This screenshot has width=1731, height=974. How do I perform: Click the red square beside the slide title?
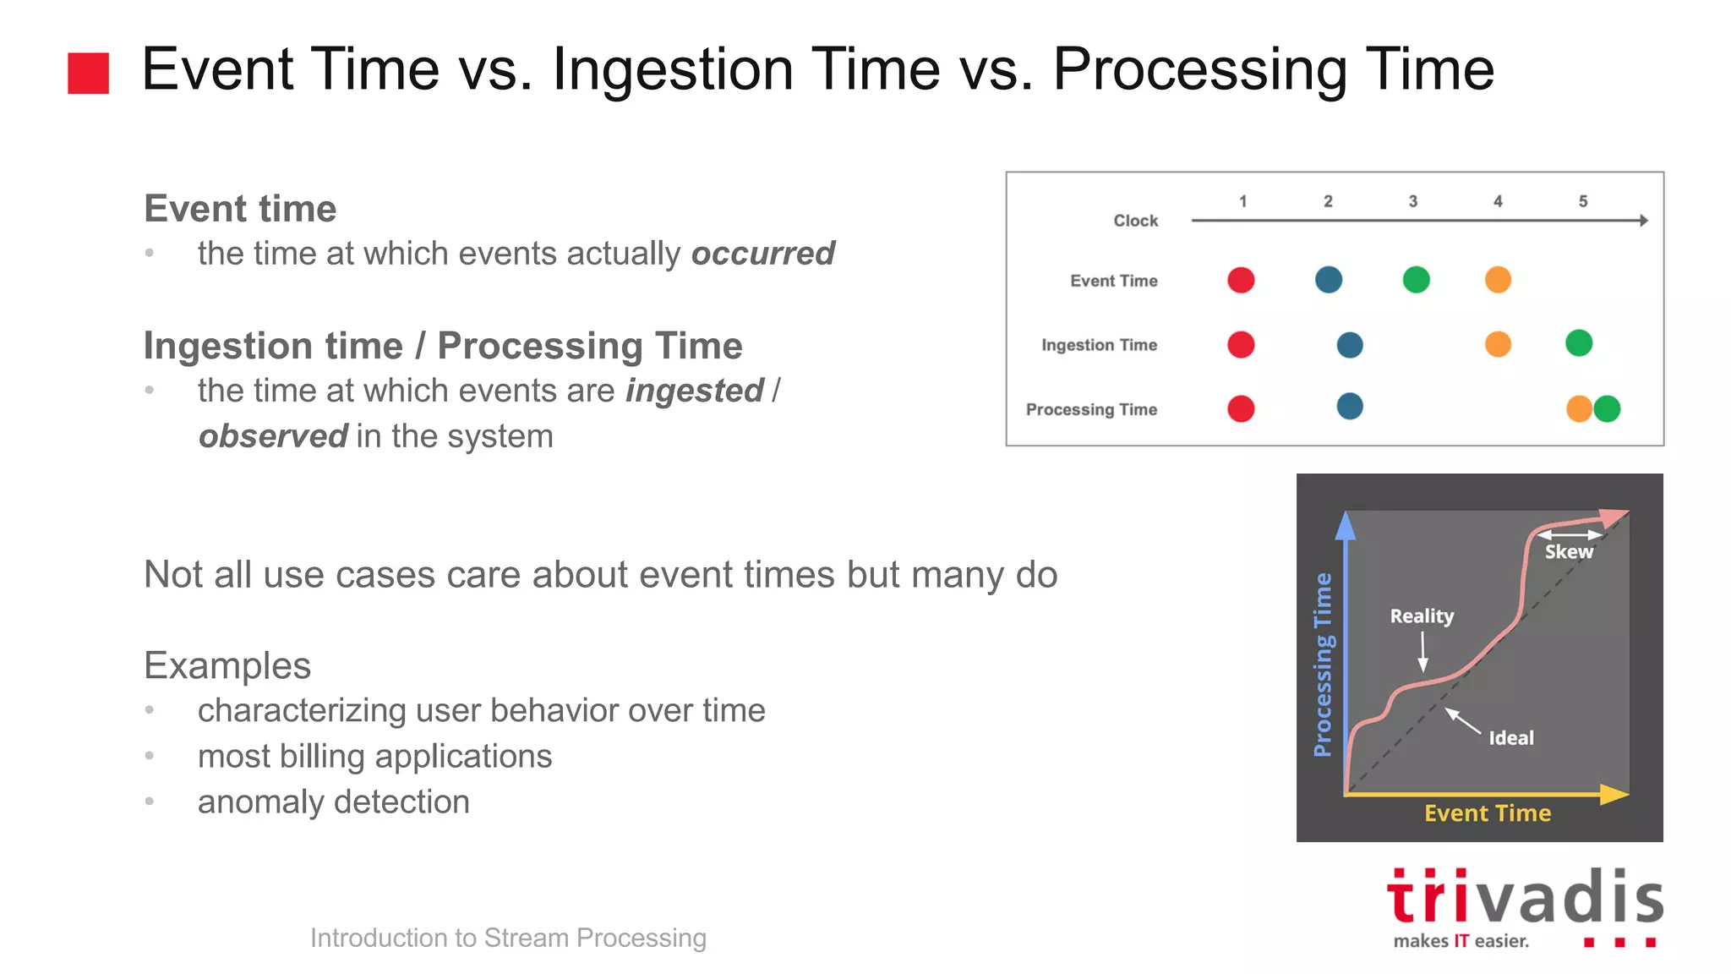click(88, 73)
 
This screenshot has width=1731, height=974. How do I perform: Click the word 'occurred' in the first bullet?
click(762, 254)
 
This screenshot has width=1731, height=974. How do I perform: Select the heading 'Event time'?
click(240, 209)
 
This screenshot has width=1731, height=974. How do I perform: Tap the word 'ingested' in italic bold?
click(694, 391)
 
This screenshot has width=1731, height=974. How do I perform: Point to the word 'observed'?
click(272, 436)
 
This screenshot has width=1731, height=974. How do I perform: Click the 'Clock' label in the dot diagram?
click(1135, 221)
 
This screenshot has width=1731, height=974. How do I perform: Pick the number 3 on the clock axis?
click(1412, 201)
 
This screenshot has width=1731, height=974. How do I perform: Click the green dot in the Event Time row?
click(1416, 280)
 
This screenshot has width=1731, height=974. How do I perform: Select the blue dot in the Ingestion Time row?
click(1350, 345)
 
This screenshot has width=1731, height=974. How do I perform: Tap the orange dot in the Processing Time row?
click(1577, 409)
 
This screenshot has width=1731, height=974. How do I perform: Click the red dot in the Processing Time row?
click(1241, 409)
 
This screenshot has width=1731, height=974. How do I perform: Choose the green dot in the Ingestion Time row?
click(1578, 343)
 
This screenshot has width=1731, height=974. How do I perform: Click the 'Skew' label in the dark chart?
click(1569, 552)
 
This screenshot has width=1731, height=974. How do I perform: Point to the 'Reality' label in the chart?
click(1422, 616)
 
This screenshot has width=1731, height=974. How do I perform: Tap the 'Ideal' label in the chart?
click(1510, 738)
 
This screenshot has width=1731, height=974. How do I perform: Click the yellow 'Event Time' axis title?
click(1487, 813)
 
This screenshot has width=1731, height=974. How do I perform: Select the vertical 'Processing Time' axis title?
click(1323, 664)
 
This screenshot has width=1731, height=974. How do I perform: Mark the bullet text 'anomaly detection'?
click(333, 802)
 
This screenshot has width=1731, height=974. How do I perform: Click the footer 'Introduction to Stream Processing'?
click(508, 938)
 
